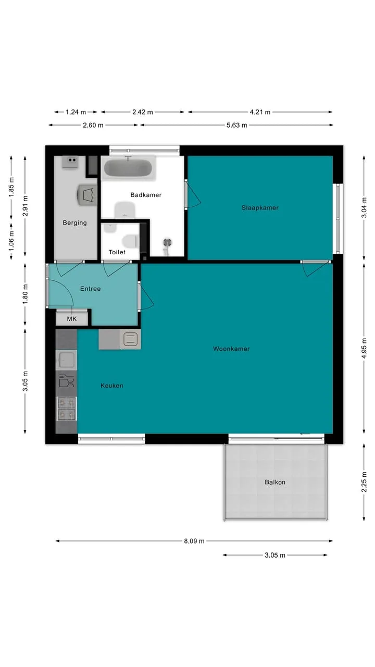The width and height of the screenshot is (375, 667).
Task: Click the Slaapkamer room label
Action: coord(260,208)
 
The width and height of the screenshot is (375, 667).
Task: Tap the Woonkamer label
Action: coord(231,349)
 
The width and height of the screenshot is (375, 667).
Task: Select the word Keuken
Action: coord(111,385)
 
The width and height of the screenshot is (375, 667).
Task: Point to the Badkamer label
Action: coord(146,195)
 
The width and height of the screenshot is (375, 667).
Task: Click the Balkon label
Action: coord(275,482)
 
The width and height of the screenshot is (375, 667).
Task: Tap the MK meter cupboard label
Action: coord(72,319)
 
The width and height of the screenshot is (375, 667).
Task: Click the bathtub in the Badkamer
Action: coord(128,168)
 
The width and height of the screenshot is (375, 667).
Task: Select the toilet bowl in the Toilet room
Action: coord(131,241)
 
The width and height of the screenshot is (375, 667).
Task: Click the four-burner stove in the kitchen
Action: coord(66,409)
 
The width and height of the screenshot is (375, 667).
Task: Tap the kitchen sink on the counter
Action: coord(66,360)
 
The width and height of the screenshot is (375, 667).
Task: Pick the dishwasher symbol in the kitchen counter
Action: coord(66,381)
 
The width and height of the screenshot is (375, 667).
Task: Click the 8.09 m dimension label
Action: coord(194,541)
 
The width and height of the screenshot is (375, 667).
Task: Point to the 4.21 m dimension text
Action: coord(260,112)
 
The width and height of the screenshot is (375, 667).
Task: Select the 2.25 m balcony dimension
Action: coord(364,482)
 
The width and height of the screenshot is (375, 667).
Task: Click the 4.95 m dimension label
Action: coord(364,349)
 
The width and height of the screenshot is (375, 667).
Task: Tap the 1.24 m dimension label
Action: coord(76,112)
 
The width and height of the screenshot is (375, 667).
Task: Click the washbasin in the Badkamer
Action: coord(125,210)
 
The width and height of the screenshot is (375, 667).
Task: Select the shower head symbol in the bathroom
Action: coord(167,245)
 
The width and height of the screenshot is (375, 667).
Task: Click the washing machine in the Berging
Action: coord(87,195)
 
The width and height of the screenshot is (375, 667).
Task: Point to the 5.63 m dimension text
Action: coord(236,125)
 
